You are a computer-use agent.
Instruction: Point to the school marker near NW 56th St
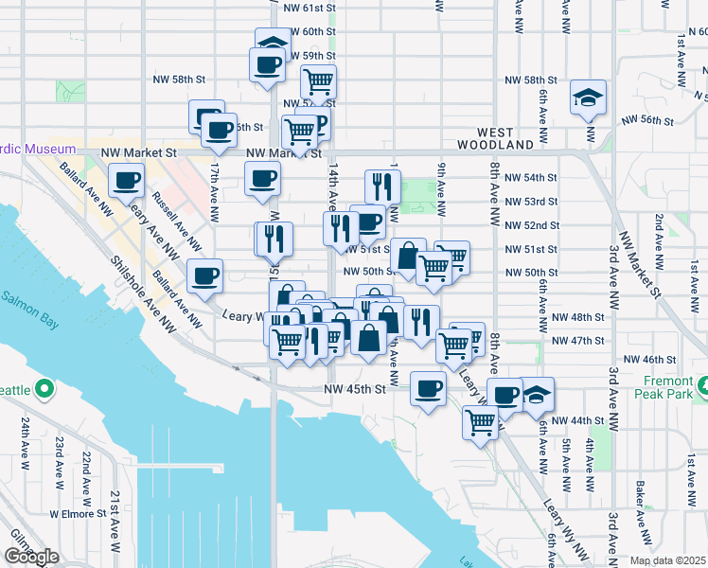pyautogui.click(x=588, y=97)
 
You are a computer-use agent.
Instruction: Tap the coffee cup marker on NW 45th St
pyautogui.click(x=429, y=388)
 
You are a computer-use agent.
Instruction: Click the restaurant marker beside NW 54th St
pyautogui.click(x=382, y=186)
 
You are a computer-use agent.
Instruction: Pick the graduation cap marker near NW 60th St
pyautogui.click(x=273, y=44)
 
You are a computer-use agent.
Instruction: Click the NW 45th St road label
pyautogui.click(x=355, y=389)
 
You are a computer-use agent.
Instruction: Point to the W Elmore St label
pyautogui.click(x=78, y=514)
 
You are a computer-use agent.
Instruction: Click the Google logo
pyautogui.click(x=31, y=557)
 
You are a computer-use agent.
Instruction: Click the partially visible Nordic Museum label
pyautogui.click(x=38, y=150)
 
